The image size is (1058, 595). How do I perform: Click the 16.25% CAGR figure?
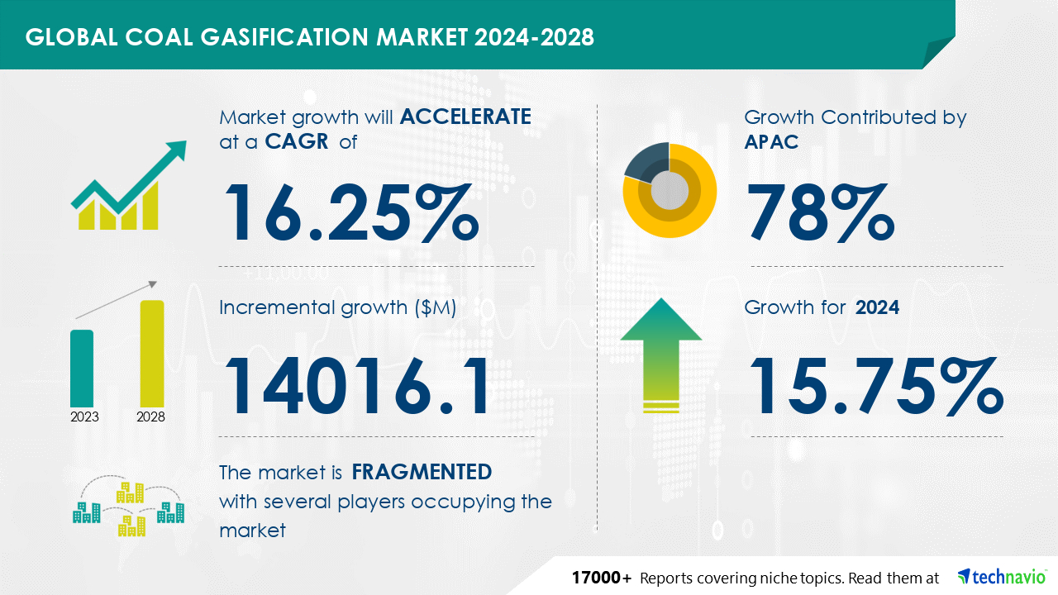pos(352,212)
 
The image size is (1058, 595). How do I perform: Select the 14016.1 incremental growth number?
pos(357,386)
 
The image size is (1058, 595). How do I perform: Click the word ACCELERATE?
pos(465,117)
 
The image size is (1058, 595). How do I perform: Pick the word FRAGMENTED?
pos(422,472)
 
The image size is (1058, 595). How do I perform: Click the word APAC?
pos(771,141)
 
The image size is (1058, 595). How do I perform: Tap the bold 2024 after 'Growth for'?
pos(877,307)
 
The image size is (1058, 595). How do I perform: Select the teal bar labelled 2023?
pos(82,369)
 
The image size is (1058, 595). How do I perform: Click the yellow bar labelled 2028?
pos(152,353)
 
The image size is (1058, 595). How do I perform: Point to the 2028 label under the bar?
pos(150,417)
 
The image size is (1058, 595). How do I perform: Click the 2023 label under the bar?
pos(84,417)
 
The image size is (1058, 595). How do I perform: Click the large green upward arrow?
pos(661,355)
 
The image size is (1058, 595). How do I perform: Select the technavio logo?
pos(1002,577)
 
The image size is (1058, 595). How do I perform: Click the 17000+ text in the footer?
pos(601,578)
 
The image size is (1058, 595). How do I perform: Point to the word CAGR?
pos(297,141)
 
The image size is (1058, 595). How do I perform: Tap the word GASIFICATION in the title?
pos(284,37)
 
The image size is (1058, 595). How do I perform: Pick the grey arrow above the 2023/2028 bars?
pos(117,300)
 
